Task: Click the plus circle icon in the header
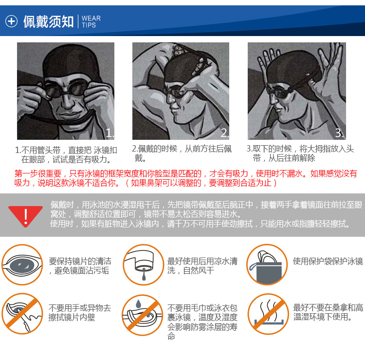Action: click(x=11, y=21)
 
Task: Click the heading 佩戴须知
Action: click(x=48, y=21)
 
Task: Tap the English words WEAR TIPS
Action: click(x=91, y=21)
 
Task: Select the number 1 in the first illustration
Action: click(x=109, y=133)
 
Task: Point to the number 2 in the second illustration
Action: click(x=225, y=133)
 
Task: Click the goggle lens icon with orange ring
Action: click(x=22, y=265)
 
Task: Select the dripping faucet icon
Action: click(x=143, y=265)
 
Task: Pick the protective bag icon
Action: click(x=267, y=265)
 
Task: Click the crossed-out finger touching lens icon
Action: click(x=22, y=314)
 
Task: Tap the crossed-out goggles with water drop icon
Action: click(x=143, y=315)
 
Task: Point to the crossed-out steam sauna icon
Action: click(x=268, y=314)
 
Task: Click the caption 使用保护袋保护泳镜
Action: click(x=328, y=261)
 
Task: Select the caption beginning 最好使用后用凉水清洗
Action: click(x=202, y=266)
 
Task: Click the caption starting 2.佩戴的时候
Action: click(x=182, y=153)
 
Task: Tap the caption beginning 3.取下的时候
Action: click(x=300, y=153)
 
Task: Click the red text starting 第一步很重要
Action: click(x=185, y=178)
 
